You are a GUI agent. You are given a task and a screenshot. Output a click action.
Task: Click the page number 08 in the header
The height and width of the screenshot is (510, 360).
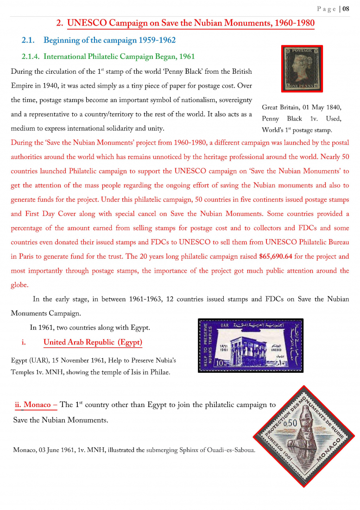[346, 9]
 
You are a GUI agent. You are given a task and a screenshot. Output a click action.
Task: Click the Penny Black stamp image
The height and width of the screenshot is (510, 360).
[302, 69]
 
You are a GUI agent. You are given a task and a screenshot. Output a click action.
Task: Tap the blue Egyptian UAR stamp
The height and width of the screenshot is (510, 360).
[251, 345]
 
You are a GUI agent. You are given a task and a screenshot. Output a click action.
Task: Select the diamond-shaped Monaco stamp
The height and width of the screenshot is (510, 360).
[304, 436]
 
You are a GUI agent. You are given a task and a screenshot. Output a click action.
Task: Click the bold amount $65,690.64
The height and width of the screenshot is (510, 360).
[276, 256]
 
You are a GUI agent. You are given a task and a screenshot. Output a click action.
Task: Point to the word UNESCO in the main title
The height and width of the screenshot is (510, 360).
[91, 23]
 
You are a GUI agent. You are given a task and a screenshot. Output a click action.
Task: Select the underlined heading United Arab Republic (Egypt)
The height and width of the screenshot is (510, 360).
[93, 343]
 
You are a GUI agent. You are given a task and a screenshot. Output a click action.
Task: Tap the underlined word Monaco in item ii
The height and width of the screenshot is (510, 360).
[37, 405]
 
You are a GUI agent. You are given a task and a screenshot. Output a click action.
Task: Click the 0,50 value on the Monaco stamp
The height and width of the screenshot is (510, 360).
[290, 423]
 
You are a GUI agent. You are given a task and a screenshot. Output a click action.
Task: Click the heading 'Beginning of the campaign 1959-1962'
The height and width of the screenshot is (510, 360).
[110, 40]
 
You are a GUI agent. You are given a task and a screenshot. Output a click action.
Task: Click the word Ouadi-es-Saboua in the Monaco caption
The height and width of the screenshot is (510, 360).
[231, 450]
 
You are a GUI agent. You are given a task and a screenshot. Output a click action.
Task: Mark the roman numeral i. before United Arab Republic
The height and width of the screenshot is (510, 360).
[24, 343]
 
